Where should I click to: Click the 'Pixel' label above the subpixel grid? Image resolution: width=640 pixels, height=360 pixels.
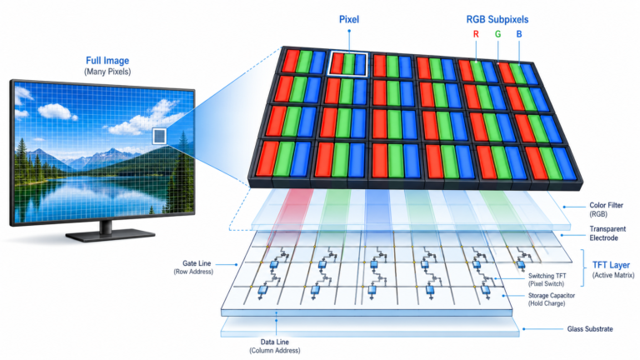click(349, 19)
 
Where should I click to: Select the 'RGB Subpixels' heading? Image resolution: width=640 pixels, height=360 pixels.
click(497, 19)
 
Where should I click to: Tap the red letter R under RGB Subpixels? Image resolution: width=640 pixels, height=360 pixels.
click(476, 34)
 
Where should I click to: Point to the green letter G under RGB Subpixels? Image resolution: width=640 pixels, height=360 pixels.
click(497, 34)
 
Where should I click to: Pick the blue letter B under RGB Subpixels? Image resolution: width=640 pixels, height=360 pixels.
click(519, 34)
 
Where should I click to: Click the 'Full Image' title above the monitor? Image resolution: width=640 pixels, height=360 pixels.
click(107, 60)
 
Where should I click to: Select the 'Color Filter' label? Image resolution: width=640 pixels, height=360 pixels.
click(606, 205)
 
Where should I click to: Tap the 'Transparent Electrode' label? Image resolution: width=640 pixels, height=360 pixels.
click(607, 233)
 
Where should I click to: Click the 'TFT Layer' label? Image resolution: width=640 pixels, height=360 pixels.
click(611, 265)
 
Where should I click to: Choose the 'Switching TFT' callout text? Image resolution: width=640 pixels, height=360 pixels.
click(547, 276)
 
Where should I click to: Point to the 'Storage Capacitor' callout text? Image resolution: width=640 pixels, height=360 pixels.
click(552, 295)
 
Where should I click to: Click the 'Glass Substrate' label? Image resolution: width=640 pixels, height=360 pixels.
click(590, 328)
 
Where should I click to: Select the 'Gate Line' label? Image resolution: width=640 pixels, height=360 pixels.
click(197, 263)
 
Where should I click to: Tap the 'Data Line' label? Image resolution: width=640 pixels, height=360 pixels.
click(275, 342)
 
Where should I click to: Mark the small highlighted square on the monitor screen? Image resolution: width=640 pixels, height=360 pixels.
click(160, 136)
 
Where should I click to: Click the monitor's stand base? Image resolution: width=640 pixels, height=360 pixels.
click(110, 236)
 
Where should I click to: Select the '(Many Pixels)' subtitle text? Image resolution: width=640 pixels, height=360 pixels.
click(107, 72)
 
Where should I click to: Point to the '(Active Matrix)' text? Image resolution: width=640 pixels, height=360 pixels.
click(613, 276)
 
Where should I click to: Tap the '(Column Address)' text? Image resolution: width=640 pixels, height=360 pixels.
click(275, 351)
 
